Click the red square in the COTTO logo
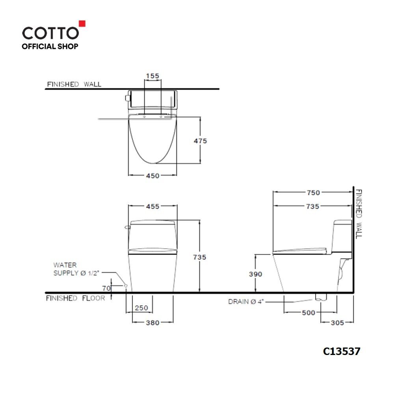(x=82, y=23)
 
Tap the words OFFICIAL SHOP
(x=50, y=46)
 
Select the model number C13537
(x=341, y=351)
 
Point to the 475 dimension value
(x=200, y=141)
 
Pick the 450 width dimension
(x=152, y=176)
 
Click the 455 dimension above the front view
(x=152, y=206)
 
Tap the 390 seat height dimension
(x=255, y=274)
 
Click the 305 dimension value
(x=337, y=322)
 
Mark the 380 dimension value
(x=152, y=323)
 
